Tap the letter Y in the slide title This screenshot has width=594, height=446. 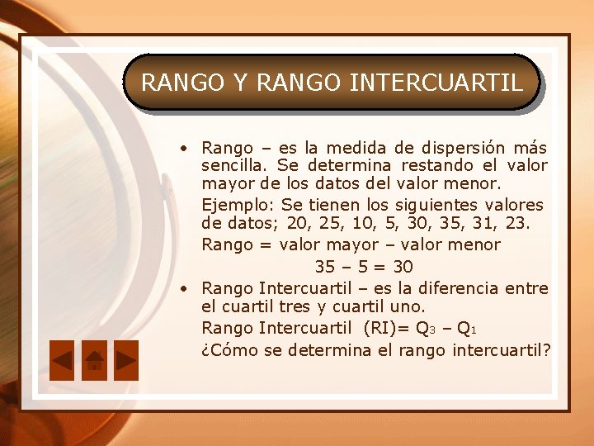pyautogui.click(x=240, y=83)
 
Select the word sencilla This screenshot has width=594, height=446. pyautogui.click(x=232, y=165)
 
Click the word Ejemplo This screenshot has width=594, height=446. pyautogui.click(x=238, y=204)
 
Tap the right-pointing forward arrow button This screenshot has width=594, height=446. pyautogui.click(x=125, y=360)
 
